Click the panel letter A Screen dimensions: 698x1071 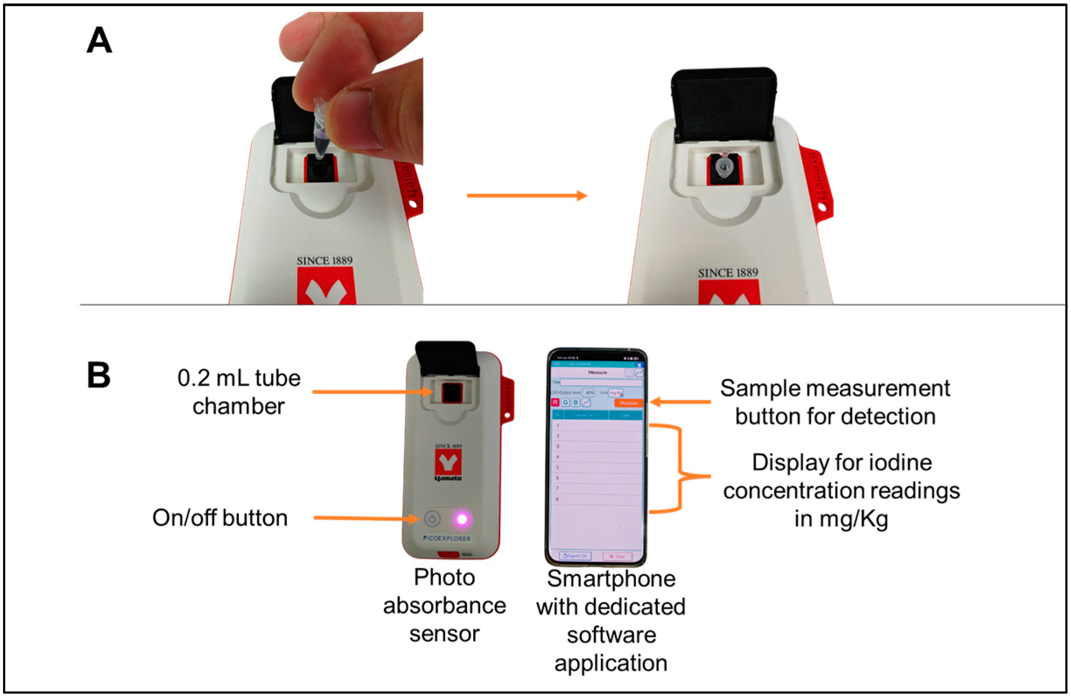point(99,41)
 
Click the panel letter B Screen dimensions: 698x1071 point(98,375)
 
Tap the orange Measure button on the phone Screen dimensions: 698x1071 point(628,403)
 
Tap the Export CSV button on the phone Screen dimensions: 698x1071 point(575,556)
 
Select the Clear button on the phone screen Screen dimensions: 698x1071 point(617,557)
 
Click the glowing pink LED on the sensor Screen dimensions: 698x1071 point(462,519)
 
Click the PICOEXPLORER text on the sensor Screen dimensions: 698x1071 point(447,538)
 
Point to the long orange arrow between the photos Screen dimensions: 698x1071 point(527,196)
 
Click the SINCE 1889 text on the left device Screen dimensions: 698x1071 point(324,261)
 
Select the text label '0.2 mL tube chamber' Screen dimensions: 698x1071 point(238,392)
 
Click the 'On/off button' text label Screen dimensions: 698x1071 point(220,517)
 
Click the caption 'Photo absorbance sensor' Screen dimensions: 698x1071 point(444,605)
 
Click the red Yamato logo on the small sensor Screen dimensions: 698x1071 point(448,462)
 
